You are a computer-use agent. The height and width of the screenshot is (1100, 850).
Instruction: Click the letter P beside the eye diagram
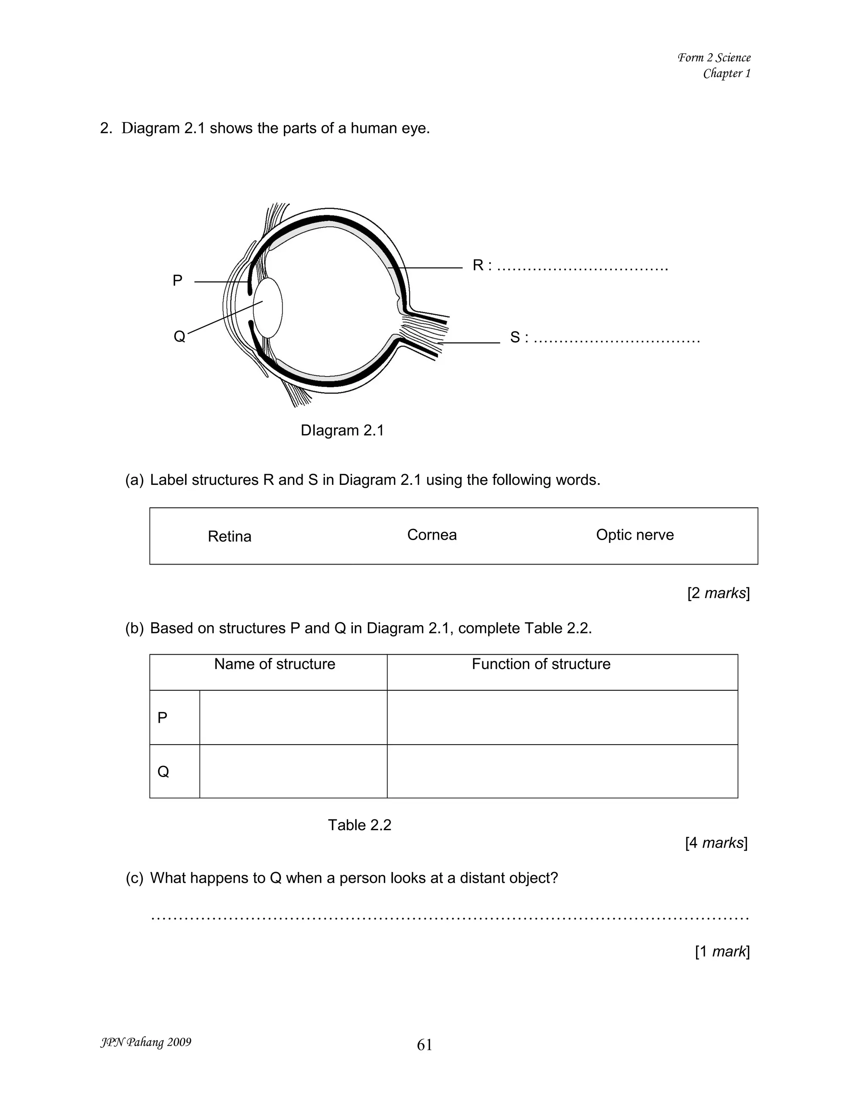pos(177,281)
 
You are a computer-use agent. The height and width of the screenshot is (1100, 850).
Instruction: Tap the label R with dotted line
pos(569,265)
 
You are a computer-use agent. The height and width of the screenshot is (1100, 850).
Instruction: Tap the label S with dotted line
pos(604,337)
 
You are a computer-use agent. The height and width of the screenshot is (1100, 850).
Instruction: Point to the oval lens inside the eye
pos(268,308)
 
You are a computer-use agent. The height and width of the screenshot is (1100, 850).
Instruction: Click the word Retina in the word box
pos(229,536)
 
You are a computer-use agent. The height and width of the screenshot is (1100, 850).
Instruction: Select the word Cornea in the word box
pos(432,535)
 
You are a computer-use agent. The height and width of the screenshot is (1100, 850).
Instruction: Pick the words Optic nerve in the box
pos(635,535)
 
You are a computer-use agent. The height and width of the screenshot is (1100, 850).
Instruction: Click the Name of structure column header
pos(274,664)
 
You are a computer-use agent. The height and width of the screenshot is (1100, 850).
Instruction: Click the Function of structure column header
pos(541,664)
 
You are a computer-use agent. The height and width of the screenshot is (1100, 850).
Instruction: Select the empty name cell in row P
pos(293,717)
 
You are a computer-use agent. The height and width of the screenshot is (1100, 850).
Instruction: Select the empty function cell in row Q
pos(562,771)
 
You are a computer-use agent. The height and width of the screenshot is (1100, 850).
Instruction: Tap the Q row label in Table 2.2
pos(163,771)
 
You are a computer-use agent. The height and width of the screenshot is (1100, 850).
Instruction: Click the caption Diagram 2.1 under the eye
pos(342,430)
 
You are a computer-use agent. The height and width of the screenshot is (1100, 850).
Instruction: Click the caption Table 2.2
pos(359,825)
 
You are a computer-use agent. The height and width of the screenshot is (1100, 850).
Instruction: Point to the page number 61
pos(425,1045)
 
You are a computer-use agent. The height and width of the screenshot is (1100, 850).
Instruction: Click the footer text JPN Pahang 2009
pos(146,1042)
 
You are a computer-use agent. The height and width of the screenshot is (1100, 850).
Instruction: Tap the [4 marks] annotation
pos(716,843)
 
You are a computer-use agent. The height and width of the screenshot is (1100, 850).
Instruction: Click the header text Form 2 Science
pos(713,57)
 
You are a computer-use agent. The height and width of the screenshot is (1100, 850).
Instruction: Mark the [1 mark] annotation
pos(722,951)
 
